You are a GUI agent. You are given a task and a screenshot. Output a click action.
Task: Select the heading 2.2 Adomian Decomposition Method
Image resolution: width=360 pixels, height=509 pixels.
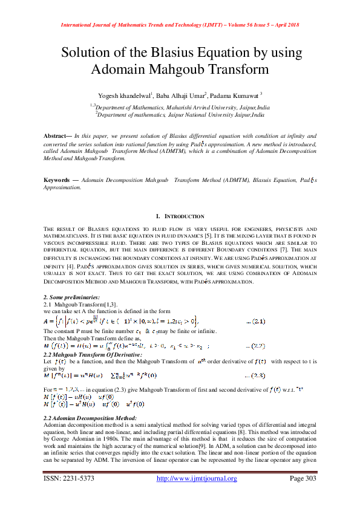(90, 418)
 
